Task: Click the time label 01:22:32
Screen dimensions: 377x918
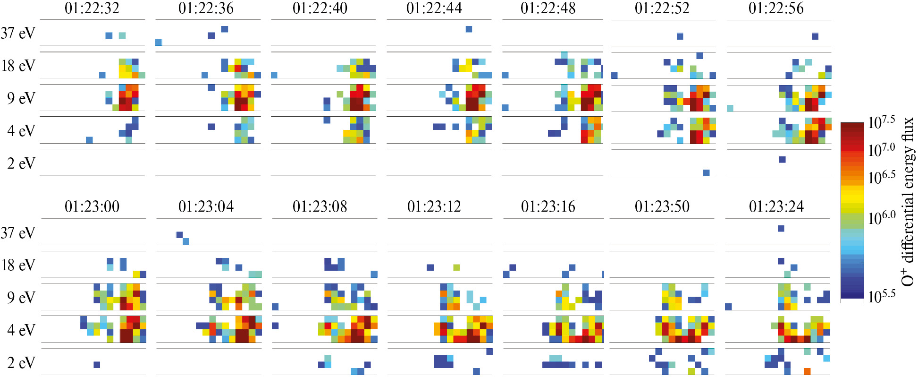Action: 92,8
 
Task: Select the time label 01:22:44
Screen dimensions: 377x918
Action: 434,8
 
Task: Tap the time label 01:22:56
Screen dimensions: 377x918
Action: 776,8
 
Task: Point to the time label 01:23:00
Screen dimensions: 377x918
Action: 92,206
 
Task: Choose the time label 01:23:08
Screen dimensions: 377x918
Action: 320,206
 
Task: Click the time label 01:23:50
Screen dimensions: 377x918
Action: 662,206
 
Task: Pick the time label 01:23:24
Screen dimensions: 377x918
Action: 776,206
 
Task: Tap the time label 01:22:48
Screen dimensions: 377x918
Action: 548,8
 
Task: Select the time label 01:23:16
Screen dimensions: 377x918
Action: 548,206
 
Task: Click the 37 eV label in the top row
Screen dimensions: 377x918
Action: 18,33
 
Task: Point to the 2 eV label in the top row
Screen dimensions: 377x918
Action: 21,163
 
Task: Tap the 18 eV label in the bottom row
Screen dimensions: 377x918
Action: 18,265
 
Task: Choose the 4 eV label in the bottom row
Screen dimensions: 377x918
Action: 21,330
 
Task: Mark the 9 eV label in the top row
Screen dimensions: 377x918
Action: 21,98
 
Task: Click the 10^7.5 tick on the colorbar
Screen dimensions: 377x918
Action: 882,122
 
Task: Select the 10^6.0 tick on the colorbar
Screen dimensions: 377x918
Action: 882,218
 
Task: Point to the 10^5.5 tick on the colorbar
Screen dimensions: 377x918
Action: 882,296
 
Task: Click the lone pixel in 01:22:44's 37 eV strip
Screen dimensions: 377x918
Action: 469,29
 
